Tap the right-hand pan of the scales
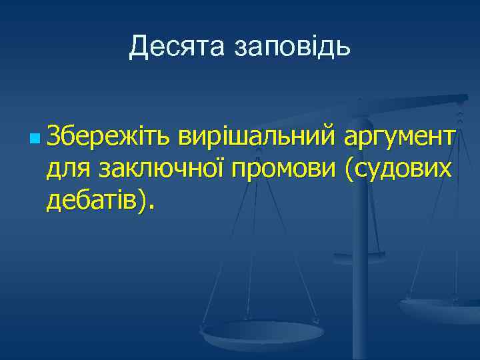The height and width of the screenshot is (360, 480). point(441,308)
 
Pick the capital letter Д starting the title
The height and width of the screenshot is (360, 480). point(139,47)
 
